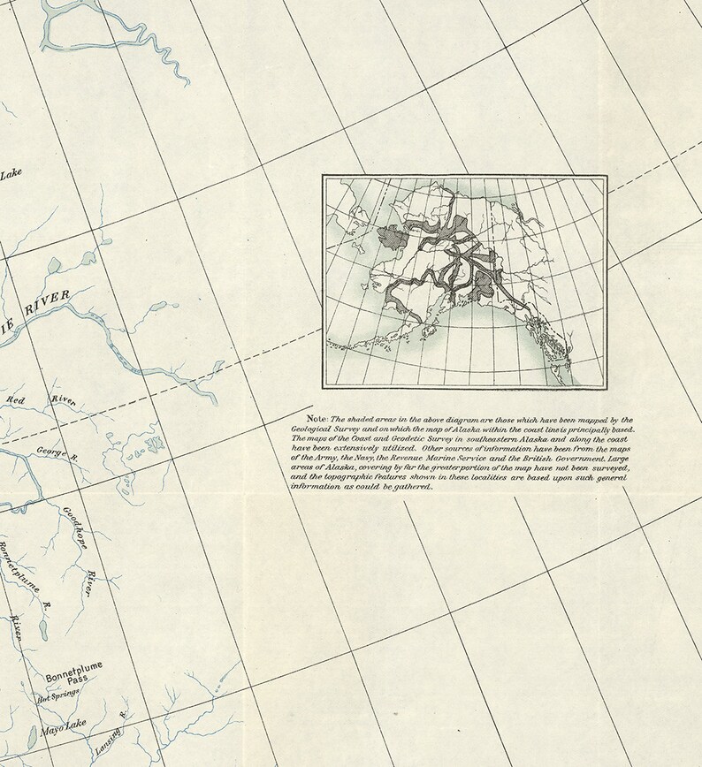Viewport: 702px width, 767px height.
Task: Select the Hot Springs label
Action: pyautogui.click(x=57, y=697)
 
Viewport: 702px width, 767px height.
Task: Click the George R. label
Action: pyautogui.click(x=58, y=454)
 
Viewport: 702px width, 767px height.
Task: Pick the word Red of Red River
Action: pyautogui.click(x=17, y=400)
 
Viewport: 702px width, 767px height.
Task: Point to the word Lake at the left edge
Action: pyautogui.click(x=11, y=174)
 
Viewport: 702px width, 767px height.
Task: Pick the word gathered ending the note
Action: pyautogui.click(x=413, y=487)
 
